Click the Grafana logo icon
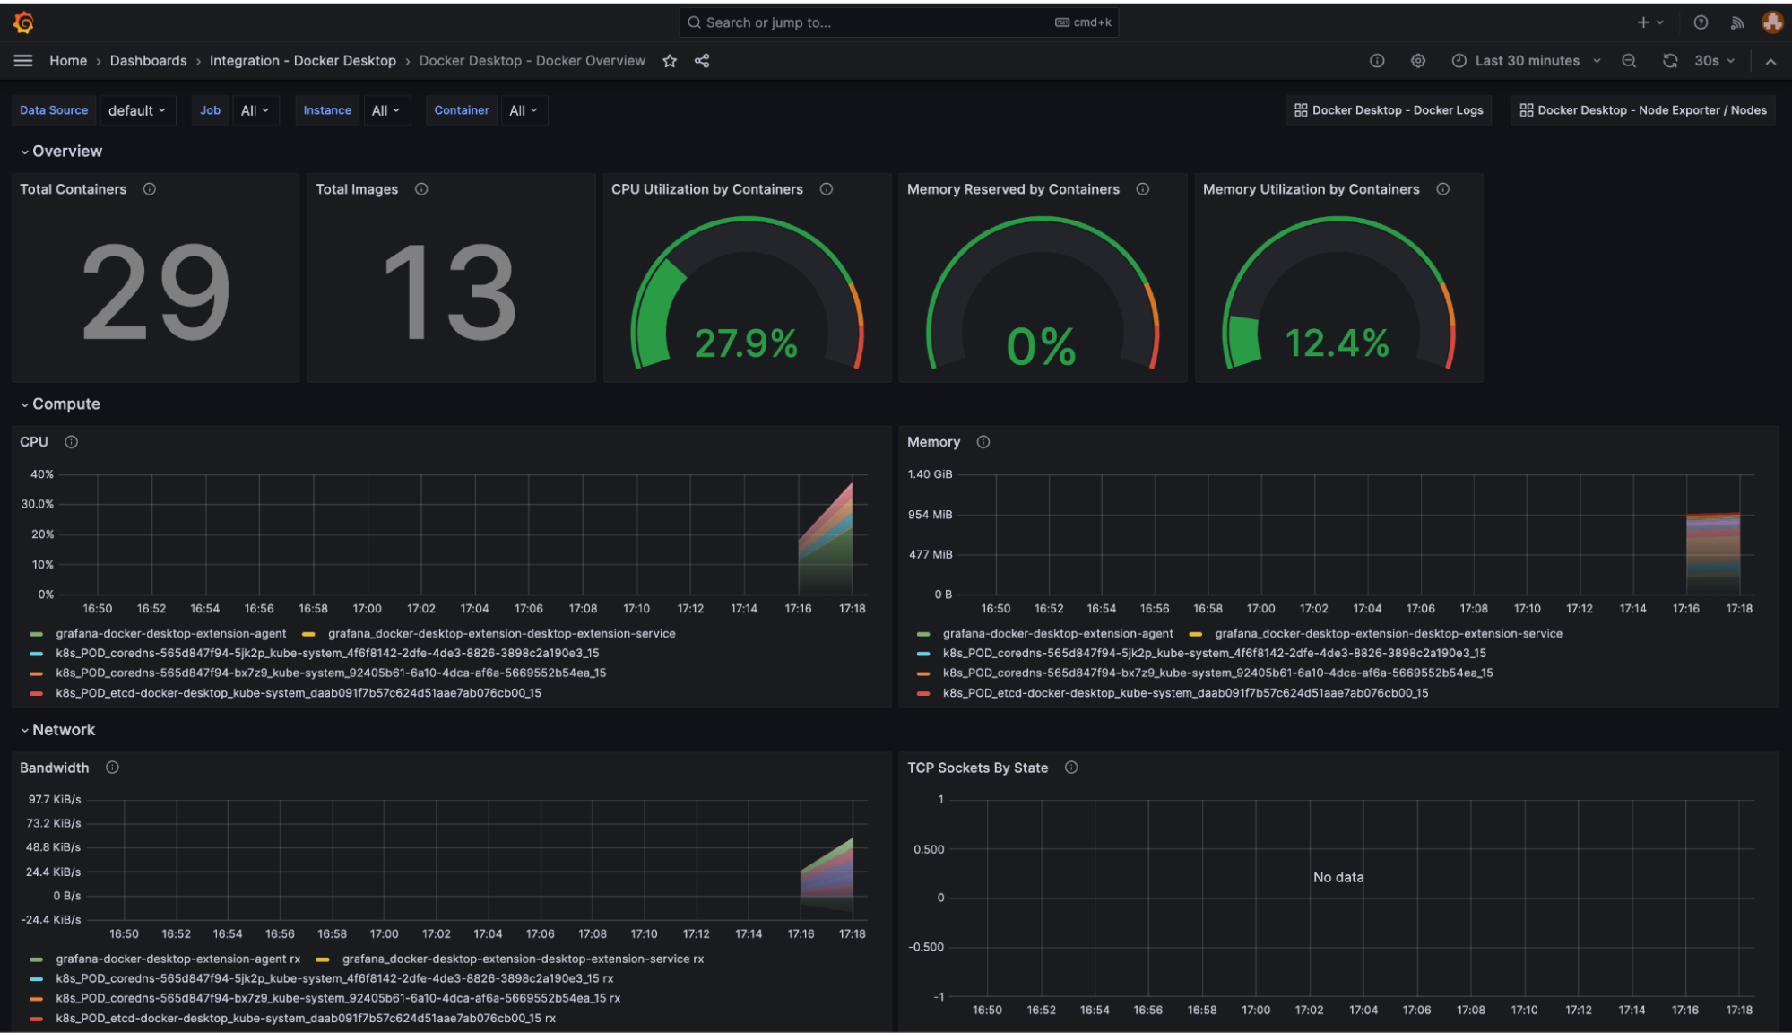pos(24,22)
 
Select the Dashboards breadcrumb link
pos(148,61)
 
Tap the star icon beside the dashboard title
pos(670,61)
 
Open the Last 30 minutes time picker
pos(1527,61)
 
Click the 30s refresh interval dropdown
pos(1713,61)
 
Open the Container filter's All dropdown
pos(523,110)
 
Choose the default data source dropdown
pos(136,110)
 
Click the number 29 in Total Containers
pos(156,292)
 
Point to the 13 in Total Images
pos(450,292)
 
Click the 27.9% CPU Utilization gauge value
pos(746,343)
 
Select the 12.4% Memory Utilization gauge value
pos(1337,343)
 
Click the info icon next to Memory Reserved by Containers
pos(1142,189)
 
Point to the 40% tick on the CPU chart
pos(42,474)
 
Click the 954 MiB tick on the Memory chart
pos(930,515)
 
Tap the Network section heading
pos(64,730)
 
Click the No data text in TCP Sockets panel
pos(1338,877)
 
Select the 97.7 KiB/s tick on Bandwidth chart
pos(54,799)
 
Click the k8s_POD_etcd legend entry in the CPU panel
pos(298,693)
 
